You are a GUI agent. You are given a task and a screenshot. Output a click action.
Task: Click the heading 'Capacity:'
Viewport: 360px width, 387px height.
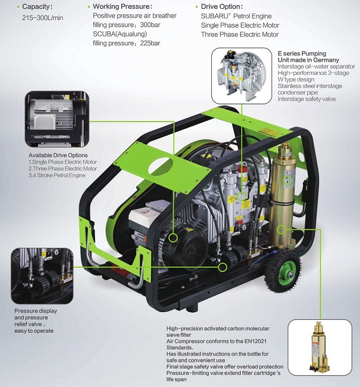pos(37,6)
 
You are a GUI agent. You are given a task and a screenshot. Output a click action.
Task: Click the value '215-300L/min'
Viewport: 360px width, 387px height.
pos(42,18)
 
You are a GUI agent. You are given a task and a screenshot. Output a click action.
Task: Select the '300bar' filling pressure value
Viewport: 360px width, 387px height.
pos(150,25)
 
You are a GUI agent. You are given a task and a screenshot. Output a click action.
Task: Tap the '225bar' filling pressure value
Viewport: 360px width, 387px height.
pos(150,43)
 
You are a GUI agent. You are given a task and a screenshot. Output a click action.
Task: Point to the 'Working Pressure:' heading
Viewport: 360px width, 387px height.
pos(123,6)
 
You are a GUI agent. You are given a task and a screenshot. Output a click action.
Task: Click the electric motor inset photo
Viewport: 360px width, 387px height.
pos(57,119)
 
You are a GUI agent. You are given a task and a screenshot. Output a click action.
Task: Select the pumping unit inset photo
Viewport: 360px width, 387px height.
pos(242,76)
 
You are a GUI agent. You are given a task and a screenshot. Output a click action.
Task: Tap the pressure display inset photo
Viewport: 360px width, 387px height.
pos(42,276)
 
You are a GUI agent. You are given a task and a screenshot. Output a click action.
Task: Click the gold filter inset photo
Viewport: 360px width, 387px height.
pos(320,347)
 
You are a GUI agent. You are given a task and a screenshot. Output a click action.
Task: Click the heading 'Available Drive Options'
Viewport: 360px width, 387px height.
pos(58,155)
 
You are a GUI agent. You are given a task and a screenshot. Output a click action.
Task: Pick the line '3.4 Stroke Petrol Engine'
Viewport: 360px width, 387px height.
pos(57,175)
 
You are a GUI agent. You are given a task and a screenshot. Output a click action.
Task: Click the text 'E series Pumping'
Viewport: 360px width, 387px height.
pos(302,53)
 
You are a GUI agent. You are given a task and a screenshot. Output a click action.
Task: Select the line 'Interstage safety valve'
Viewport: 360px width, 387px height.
pos(307,99)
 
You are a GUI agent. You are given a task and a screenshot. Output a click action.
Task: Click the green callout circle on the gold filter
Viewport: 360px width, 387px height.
pos(281,230)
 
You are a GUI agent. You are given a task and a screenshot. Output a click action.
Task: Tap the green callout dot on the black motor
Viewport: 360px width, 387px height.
pos(174,238)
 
